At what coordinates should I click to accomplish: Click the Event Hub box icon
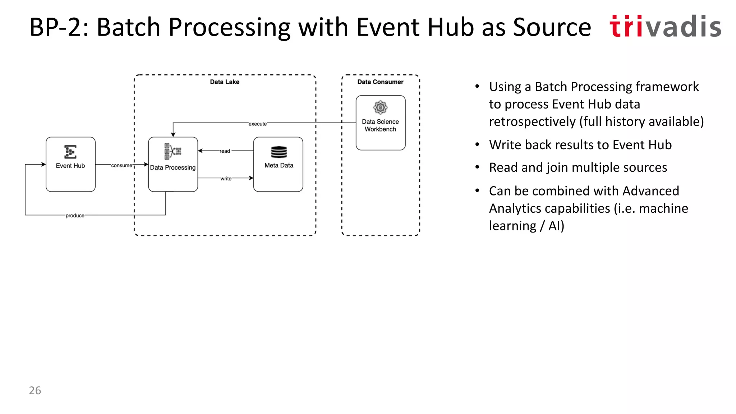(70, 152)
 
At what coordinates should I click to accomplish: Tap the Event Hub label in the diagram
(70, 166)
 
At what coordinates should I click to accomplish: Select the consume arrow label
(121, 165)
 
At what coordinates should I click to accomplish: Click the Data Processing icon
(173, 151)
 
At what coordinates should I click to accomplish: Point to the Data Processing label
(173, 167)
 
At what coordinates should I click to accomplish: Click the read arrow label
(225, 151)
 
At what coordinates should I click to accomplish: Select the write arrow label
(226, 179)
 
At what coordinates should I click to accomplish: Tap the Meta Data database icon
(279, 152)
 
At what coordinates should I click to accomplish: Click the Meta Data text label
(279, 165)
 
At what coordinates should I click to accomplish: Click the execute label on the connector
(257, 124)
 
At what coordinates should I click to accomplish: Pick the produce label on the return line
(75, 216)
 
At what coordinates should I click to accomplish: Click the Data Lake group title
(225, 82)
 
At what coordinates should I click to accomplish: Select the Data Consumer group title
(380, 82)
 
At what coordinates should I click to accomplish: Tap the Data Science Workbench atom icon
(380, 107)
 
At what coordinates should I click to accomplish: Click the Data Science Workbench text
(380, 125)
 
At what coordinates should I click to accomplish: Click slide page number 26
(35, 390)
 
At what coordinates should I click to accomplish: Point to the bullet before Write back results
(477, 144)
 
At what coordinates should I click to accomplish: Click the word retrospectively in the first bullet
(532, 121)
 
